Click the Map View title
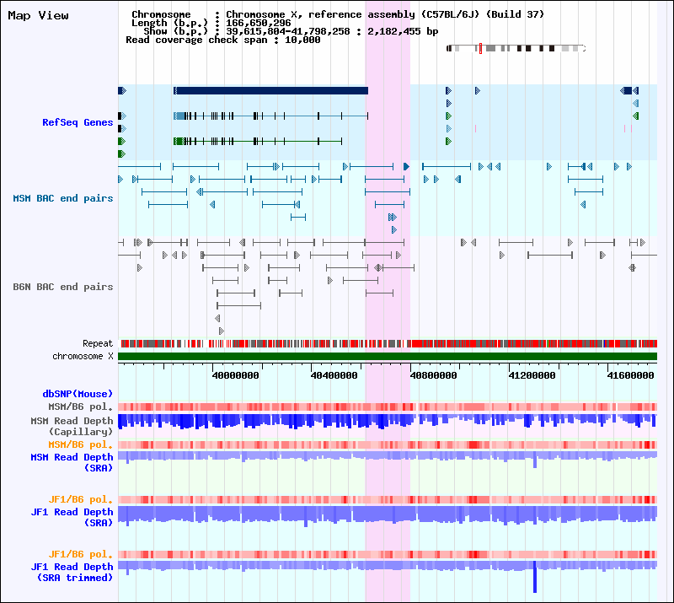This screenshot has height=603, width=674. [38, 15]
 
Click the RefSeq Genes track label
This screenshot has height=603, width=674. [78, 122]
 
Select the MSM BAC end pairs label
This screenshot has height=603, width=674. [63, 198]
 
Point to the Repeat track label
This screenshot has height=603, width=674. [98, 344]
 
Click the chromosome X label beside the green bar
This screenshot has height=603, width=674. [83, 356]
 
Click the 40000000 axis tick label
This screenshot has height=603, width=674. [235, 375]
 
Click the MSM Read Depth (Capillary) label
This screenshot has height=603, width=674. [72, 426]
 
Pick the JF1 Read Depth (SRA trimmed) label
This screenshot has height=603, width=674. [72, 572]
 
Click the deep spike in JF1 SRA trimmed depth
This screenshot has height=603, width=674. [534, 580]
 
